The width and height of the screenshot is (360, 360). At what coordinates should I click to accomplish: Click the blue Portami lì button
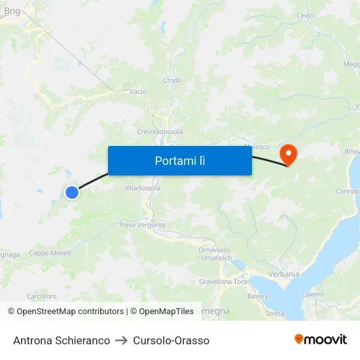pos(179,160)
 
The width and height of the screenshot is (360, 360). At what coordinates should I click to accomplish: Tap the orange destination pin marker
pos(288,154)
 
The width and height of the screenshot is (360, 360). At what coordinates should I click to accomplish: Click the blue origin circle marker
pos(72,192)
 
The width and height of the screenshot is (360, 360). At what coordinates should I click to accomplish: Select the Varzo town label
pos(138,92)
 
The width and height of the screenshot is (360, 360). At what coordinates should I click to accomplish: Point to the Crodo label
pos(172,81)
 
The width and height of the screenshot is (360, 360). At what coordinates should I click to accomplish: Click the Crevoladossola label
pos(160,132)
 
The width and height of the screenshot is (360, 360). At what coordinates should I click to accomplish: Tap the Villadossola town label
pos(142,188)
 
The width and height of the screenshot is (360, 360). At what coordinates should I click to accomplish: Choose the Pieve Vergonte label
pos(142,225)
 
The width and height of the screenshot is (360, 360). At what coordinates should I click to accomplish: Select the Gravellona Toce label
pos(223,282)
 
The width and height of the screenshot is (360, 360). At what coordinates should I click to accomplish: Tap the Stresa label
pos(275,314)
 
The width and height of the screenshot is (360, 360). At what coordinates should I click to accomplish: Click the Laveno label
pos(313,295)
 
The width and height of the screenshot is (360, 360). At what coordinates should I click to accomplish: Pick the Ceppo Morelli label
pos(50,253)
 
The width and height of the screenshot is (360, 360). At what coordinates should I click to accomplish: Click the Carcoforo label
pos(41,297)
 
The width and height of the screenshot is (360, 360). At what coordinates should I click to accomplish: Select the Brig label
pos(12,10)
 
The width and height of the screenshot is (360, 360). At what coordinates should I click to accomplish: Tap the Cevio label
pos(304,16)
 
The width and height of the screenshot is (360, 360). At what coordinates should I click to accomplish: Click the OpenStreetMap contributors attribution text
pos(66,312)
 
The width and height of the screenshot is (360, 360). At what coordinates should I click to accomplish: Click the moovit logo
pos(321,340)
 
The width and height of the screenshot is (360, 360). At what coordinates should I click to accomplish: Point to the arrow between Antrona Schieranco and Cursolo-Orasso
pos(122,340)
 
